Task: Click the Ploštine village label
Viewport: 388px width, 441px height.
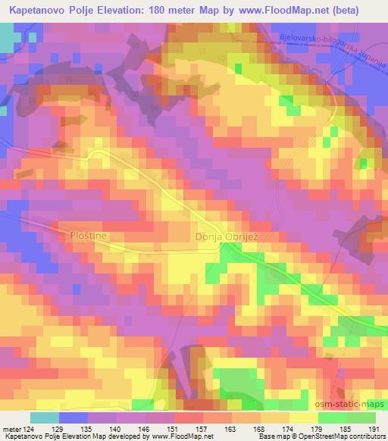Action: tap(90, 236)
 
